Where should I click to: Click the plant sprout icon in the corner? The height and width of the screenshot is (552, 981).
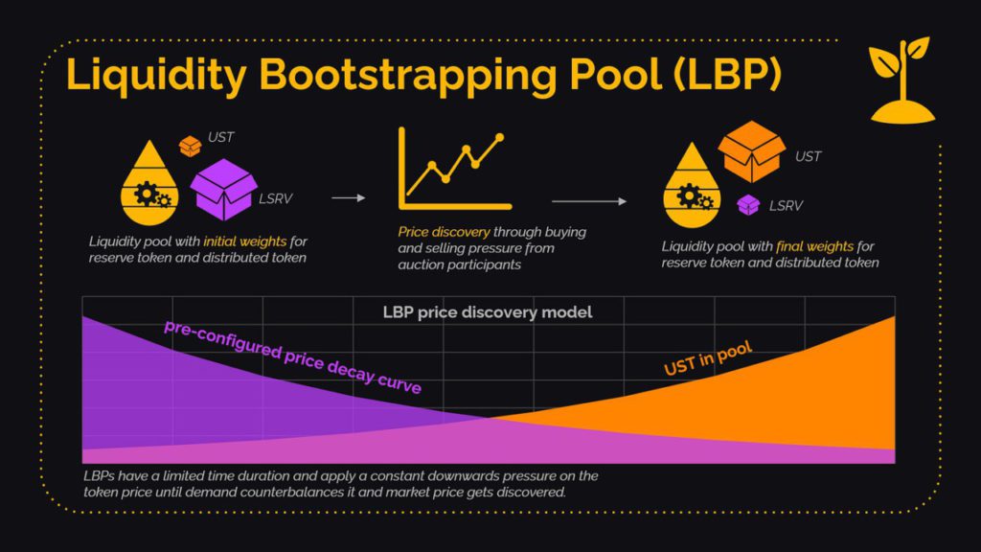(901, 80)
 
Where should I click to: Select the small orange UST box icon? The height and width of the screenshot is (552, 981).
(191, 146)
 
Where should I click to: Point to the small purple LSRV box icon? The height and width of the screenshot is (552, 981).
(748, 204)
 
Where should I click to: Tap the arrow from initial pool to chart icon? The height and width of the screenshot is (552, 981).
(349, 198)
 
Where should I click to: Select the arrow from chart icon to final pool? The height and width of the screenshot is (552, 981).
(589, 201)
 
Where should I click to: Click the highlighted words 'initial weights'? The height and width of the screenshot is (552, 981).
(244, 241)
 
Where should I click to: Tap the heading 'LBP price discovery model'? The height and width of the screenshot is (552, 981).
(488, 312)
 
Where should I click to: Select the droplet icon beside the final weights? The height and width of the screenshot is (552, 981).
(692, 186)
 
